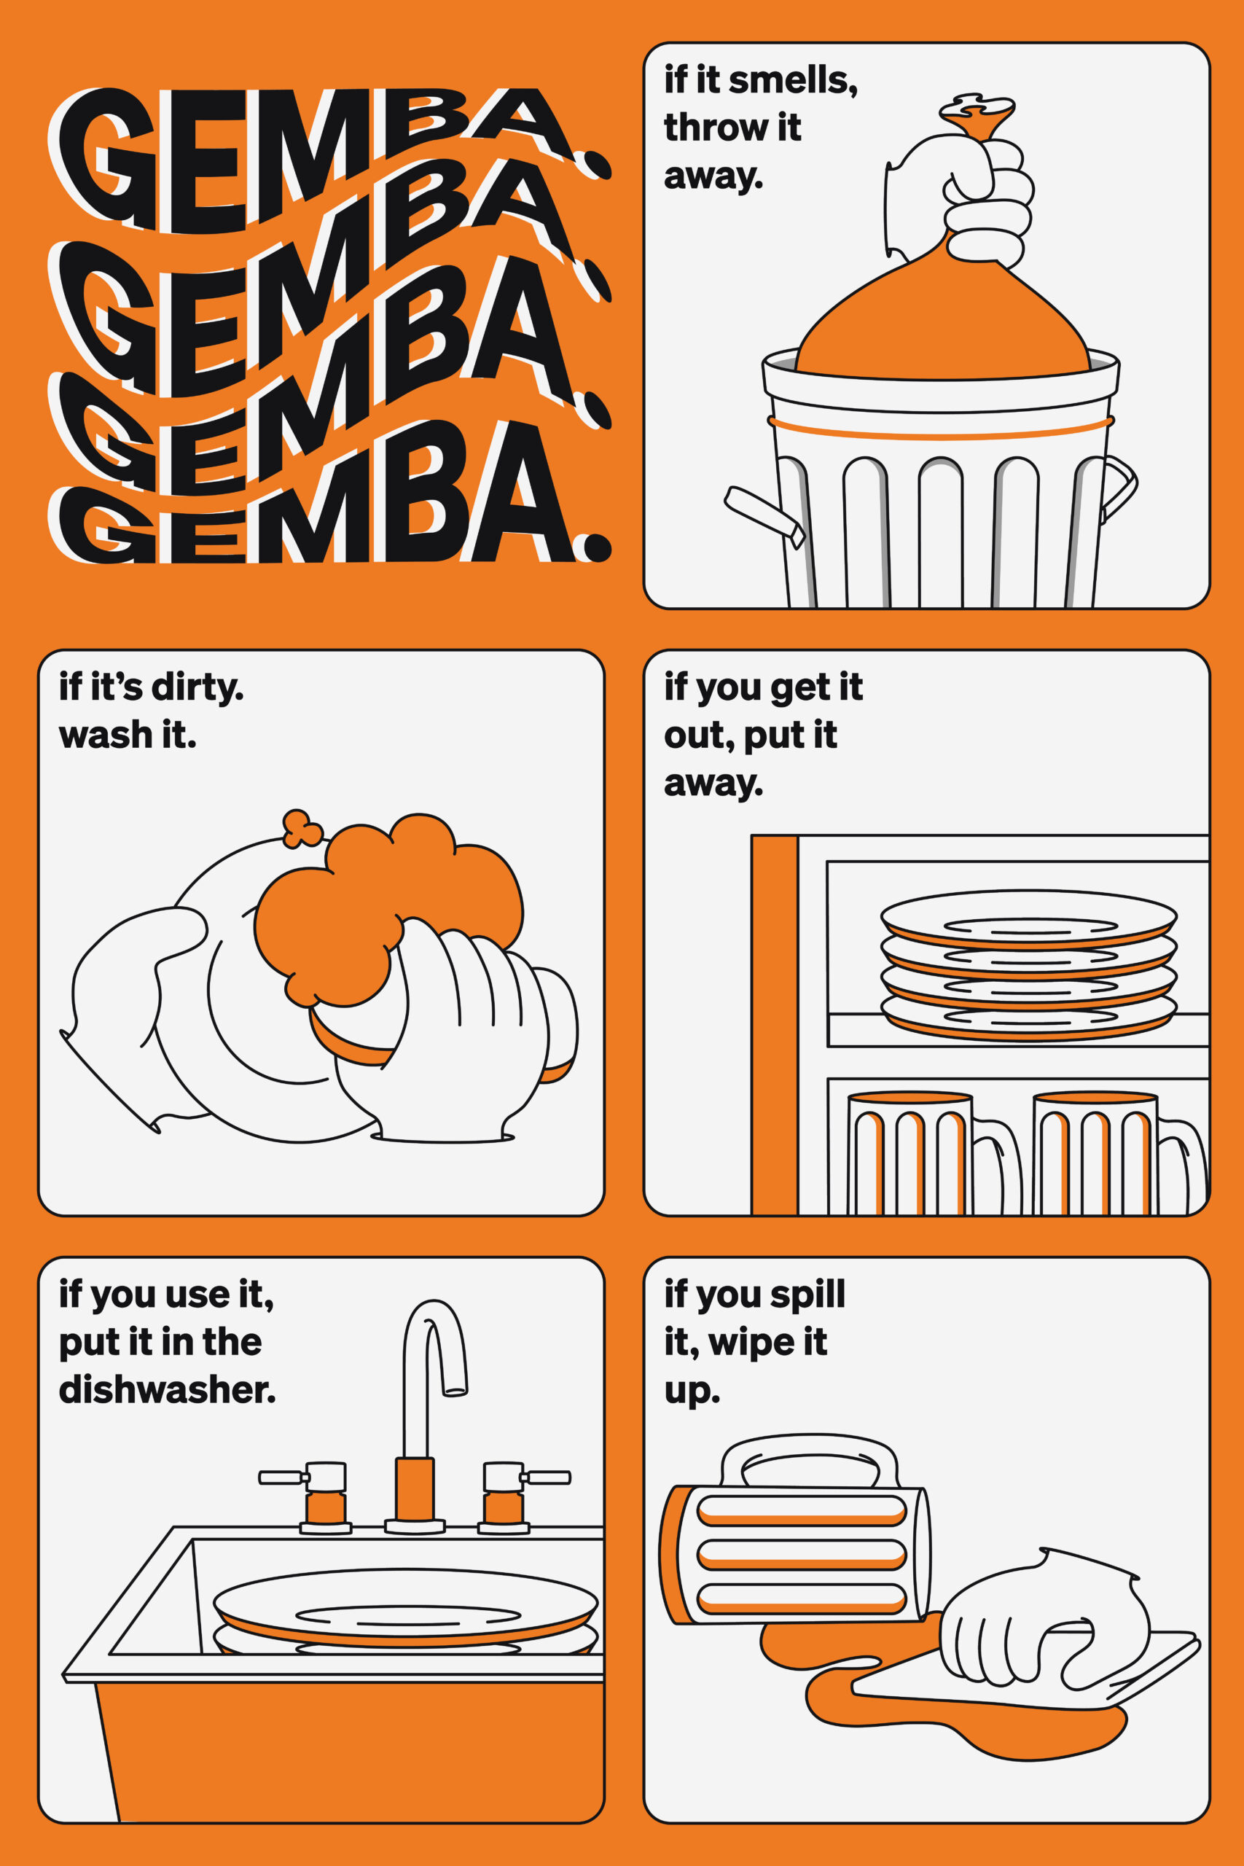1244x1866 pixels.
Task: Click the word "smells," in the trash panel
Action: click(793, 81)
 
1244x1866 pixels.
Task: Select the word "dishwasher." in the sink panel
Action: click(168, 1389)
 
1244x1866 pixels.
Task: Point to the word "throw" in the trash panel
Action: click(709, 128)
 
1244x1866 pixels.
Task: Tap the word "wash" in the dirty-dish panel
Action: click(106, 735)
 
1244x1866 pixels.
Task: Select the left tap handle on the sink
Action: click(304, 1477)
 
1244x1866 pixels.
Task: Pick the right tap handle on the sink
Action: click(527, 1477)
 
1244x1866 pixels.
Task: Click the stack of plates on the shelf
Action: click(1028, 964)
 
